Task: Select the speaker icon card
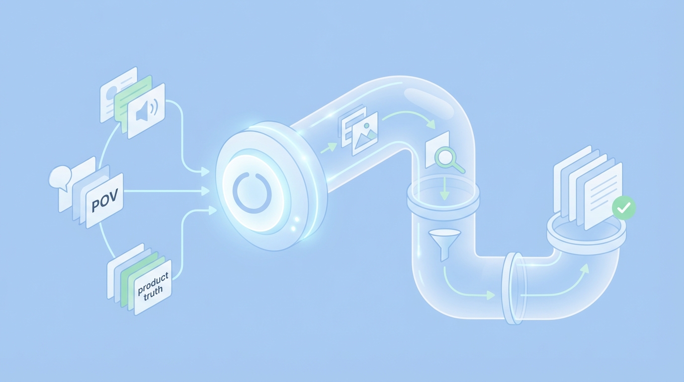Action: (x=147, y=111)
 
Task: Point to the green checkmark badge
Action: (x=623, y=208)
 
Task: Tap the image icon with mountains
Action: (x=365, y=133)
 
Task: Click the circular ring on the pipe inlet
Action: (x=252, y=191)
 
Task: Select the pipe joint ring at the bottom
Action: (x=512, y=288)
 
